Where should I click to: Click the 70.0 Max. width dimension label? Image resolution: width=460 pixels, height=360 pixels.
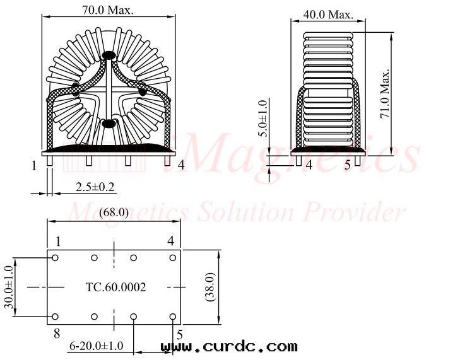click(x=107, y=11)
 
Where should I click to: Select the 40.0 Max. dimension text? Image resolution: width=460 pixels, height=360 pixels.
click(x=328, y=14)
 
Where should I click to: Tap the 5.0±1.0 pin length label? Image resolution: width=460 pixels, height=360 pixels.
click(x=264, y=118)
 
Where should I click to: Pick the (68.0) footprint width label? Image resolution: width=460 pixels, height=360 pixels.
click(x=114, y=212)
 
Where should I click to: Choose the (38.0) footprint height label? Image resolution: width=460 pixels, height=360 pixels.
click(x=212, y=287)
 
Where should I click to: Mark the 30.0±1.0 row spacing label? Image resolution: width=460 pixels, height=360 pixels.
click(x=8, y=287)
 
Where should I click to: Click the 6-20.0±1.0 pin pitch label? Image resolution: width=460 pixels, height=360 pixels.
click(x=97, y=345)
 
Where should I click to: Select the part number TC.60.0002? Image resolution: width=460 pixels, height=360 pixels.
click(x=115, y=287)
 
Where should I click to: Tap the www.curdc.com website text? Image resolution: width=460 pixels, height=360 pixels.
click(x=229, y=346)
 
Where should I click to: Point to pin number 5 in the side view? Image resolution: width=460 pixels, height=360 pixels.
click(x=347, y=166)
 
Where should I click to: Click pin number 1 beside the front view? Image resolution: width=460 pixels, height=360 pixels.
click(x=33, y=166)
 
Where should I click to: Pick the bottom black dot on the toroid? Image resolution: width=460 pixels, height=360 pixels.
click(x=109, y=124)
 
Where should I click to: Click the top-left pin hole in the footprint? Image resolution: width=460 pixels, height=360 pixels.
click(x=56, y=258)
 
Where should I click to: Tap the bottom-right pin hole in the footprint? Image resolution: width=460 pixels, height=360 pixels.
click(x=172, y=316)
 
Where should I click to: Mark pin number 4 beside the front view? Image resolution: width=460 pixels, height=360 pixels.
click(x=181, y=165)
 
